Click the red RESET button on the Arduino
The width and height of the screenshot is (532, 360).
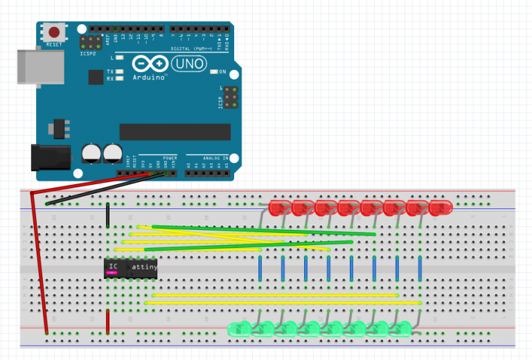coord(53,32)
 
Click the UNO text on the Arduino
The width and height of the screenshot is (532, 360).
coord(188,64)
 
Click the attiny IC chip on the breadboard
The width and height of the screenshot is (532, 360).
coord(130,268)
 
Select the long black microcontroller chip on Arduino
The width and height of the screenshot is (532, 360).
coord(175,132)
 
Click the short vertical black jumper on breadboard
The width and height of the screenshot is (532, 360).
coord(107,216)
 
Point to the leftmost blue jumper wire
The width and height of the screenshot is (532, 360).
coord(260,267)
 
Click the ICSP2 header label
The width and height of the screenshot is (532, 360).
coord(89,53)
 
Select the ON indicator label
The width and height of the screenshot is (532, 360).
coord(222,71)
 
